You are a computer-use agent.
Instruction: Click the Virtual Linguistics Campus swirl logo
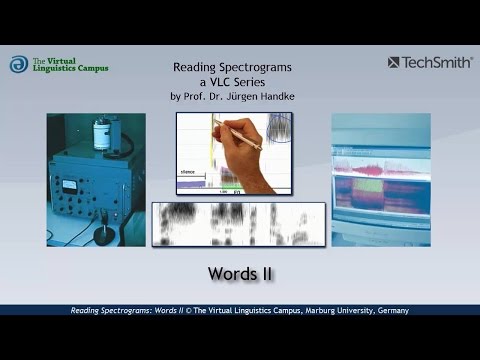(x=19, y=65)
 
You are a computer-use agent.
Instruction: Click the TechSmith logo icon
(x=394, y=62)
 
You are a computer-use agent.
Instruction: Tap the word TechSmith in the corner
(x=438, y=62)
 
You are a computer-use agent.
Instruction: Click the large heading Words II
(x=240, y=272)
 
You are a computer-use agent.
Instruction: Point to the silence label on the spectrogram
(x=189, y=172)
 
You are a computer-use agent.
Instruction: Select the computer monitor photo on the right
(x=381, y=172)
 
